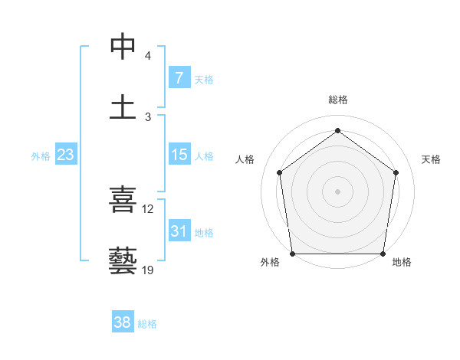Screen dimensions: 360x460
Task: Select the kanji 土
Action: (123, 107)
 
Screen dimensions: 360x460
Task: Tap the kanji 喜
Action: (123, 200)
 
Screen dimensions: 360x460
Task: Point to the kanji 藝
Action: (123, 261)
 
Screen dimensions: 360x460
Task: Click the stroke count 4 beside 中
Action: (147, 56)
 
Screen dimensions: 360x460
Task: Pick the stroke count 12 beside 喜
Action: (148, 209)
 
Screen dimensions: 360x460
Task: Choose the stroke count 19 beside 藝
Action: (148, 270)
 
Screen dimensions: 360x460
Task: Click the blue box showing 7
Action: (179, 78)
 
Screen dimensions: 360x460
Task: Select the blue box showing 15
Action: (179, 155)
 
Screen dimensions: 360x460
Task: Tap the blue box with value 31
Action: (179, 231)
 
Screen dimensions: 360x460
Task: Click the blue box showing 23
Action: (65, 155)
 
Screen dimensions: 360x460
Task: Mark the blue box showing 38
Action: (123, 323)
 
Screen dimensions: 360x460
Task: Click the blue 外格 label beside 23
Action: (41, 155)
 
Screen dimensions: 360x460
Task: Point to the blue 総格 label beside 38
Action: (147, 324)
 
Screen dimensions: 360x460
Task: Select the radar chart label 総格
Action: (338, 100)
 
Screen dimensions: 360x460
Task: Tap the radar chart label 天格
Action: (432, 159)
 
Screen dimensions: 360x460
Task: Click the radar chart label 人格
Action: (245, 159)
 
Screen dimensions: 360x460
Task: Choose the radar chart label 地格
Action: (402, 262)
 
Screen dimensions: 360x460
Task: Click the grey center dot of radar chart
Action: (337, 191)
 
